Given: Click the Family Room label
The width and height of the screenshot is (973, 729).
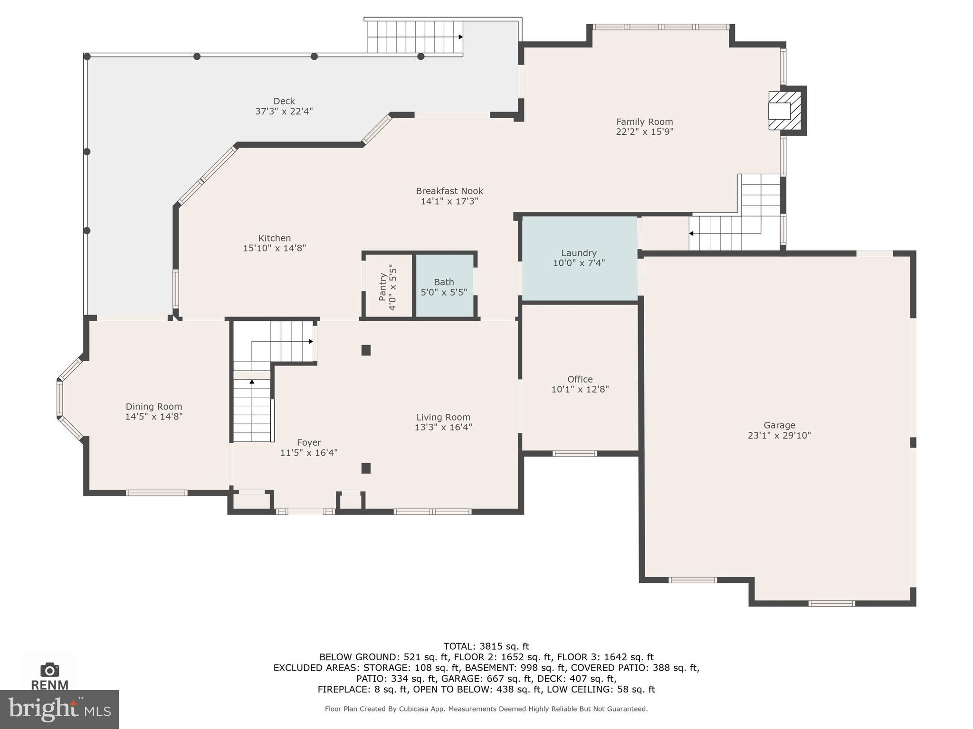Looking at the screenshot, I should tap(644, 121).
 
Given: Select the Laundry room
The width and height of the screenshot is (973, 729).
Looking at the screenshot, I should tap(579, 258).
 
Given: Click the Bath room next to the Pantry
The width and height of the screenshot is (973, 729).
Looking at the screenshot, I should tap(444, 287).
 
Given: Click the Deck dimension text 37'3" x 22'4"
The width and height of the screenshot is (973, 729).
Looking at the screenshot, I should tap(284, 112).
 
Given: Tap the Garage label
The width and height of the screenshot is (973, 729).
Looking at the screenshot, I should tap(779, 425).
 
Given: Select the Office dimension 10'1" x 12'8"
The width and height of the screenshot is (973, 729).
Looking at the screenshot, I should tap(580, 390).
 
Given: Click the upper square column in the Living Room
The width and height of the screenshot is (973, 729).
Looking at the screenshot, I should tap(366, 350).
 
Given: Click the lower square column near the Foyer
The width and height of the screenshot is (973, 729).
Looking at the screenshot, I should tap(366, 468).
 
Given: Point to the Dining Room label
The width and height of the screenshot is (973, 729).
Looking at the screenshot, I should tap(153, 406).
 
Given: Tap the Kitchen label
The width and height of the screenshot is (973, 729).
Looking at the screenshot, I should tap(274, 238).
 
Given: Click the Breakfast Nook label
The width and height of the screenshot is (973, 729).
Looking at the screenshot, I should tap(449, 191).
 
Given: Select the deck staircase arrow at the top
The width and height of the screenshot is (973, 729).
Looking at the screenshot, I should tap(460, 37).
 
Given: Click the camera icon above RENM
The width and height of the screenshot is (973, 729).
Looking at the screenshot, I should tap(49, 670).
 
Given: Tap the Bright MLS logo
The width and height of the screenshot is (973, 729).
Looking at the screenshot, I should tap(59, 709).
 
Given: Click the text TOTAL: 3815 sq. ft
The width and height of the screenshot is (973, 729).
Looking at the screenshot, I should tap(486, 646).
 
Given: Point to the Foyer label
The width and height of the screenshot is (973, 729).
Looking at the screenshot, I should tap(309, 442).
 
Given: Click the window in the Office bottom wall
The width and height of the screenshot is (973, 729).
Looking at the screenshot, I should tap(574, 454).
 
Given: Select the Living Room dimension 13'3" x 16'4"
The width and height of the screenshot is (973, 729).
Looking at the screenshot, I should tap(443, 427).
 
